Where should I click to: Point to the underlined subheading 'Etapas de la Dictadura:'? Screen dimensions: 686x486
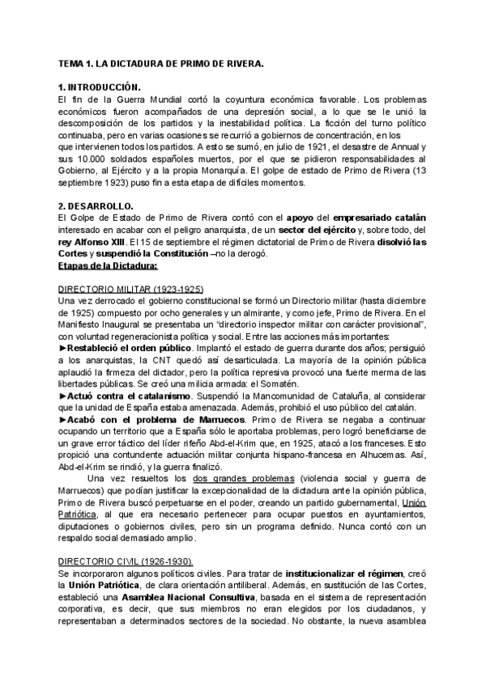point(109,265)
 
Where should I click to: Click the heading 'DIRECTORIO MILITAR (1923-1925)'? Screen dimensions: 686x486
point(130,289)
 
